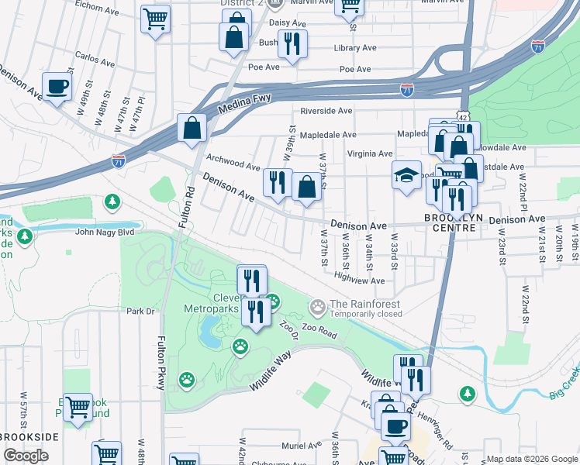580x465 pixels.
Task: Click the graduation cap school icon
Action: point(406,176)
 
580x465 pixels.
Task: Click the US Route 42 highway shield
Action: point(462,115)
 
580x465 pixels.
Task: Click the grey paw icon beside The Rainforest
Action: point(317,308)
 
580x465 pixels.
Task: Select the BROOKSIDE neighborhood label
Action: point(29,438)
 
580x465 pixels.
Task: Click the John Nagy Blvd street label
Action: point(104,232)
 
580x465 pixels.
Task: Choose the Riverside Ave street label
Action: point(326,111)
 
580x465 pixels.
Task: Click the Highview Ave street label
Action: point(359,281)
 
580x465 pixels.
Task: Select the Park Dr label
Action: point(141,312)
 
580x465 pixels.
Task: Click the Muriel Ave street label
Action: point(302,446)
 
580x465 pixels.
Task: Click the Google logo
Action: point(26,456)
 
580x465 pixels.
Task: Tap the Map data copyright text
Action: point(532,459)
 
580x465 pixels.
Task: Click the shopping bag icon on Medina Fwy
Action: point(192,128)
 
